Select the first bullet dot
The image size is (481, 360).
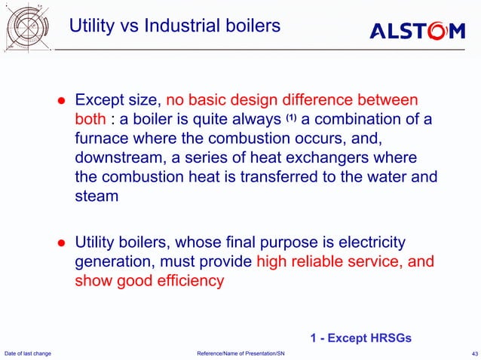[x=63, y=101]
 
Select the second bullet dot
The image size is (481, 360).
[x=63, y=243]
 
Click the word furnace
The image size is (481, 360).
[x=101, y=139]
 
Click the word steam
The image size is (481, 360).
[x=97, y=197]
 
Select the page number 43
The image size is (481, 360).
[x=473, y=353]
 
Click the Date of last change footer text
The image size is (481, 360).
[x=28, y=353]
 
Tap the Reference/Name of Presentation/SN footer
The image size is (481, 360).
[x=240, y=353]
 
